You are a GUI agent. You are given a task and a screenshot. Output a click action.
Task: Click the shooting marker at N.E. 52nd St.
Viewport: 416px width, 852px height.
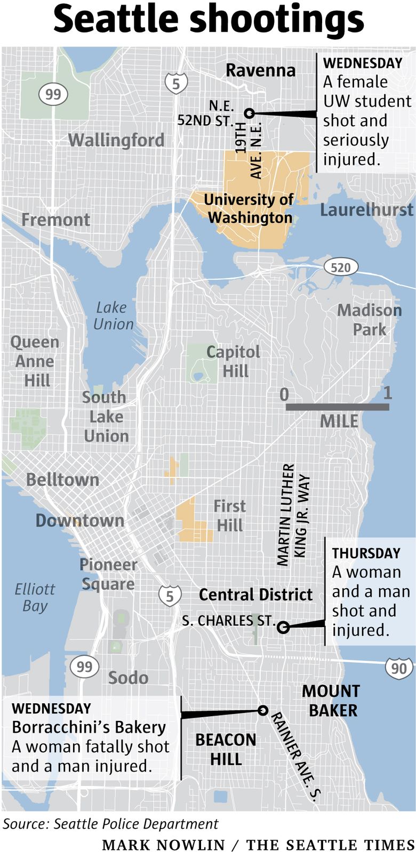(x=249, y=113)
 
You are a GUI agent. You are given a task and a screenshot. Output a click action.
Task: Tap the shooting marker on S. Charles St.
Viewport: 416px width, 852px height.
(x=284, y=627)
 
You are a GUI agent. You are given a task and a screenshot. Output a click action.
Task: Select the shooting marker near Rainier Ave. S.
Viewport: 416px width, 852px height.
(x=262, y=710)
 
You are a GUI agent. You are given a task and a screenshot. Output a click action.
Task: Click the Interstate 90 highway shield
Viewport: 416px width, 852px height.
(x=398, y=668)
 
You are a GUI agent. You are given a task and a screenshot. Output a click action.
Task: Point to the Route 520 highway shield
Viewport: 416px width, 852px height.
(x=340, y=266)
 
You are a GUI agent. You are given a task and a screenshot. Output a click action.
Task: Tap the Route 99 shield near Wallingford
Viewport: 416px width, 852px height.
(x=53, y=95)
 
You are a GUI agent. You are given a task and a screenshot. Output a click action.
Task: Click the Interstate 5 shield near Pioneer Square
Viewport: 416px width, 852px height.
(x=170, y=596)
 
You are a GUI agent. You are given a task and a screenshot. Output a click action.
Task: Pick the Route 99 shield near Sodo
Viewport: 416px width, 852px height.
(x=84, y=666)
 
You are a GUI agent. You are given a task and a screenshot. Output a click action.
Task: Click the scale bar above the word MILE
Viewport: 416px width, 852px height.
(x=337, y=407)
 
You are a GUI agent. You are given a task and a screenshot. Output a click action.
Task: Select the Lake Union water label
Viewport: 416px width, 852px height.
(x=113, y=315)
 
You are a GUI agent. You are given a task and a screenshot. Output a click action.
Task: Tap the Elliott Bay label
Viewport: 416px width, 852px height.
(x=35, y=597)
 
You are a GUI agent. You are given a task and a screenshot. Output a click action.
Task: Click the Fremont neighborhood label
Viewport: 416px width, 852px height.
(x=55, y=220)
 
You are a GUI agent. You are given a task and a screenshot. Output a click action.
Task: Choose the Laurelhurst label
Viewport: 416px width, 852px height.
(x=366, y=209)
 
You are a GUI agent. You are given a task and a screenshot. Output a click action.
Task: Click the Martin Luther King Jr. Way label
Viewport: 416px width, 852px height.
(x=293, y=514)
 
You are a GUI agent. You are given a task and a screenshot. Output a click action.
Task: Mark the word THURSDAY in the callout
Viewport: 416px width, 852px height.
(x=366, y=553)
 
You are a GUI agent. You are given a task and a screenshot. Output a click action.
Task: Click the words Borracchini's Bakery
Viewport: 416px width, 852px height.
(x=89, y=727)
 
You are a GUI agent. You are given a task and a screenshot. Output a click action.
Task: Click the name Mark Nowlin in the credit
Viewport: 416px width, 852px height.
(x=163, y=845)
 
